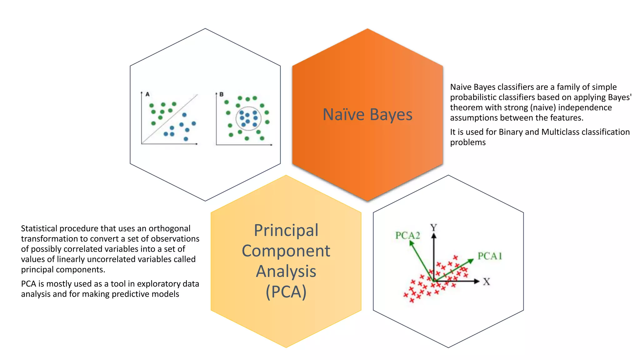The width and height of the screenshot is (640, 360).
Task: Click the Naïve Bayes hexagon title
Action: [x=367, y=114]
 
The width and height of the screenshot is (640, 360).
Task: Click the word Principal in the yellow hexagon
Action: [x=286, y=230]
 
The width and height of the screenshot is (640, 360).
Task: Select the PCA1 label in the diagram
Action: [x=490, y=256]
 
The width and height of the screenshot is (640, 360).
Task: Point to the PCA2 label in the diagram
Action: [x=407, y=235]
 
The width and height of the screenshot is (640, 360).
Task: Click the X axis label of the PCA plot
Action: [x=487, y=282]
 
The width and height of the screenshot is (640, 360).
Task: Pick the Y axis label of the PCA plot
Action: [x=433, y=227]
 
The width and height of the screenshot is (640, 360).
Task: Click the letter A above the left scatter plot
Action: [x=147, y=94]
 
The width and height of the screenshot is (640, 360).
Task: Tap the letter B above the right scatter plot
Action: [x=222, y=94]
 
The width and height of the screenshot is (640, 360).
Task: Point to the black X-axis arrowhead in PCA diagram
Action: [x=477, y=281]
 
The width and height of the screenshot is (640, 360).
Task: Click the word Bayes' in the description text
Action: [x=620, y=97]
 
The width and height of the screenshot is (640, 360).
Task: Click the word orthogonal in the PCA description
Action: [x=169, y=228]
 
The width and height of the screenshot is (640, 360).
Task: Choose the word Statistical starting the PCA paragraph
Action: [x=39, y=228]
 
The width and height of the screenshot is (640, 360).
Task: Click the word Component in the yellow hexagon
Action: [x=286, y=251]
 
